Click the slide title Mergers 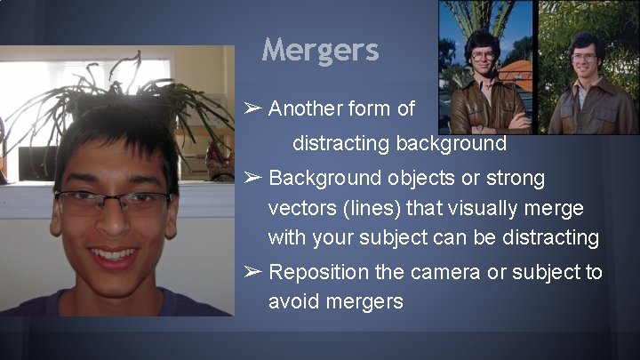pyautogui.click(x=321, y=50)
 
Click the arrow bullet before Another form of pyautogui.click(x=252, y=109)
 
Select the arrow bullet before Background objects pyautogui.click(x=252, y=178)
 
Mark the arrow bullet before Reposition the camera pyautogui.click(x=252, y=272)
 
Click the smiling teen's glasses pyautogui.click(x=113, y=202)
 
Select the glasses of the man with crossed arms pyautogui.click(x=482, y=54)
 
